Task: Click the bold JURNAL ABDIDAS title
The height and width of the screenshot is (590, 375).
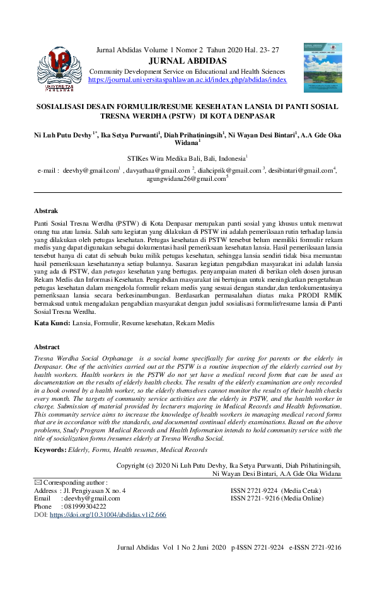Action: pos(187,61)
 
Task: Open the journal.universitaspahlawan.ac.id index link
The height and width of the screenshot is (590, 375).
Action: pos(187,80)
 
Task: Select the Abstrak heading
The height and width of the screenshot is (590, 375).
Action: pos(45,211)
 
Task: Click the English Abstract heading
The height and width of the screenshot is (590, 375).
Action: pos(47,347)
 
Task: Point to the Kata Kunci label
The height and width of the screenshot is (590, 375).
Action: pos(52,323)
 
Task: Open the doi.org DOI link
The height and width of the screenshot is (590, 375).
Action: pos(108,514)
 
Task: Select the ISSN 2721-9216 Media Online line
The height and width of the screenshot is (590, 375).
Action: pos(277,498)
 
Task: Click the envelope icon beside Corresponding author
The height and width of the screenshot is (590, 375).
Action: pos(37,482)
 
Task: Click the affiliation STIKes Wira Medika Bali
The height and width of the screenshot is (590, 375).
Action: pos(187,158)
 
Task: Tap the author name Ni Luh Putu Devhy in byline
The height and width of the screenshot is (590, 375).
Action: pos(62,134)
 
